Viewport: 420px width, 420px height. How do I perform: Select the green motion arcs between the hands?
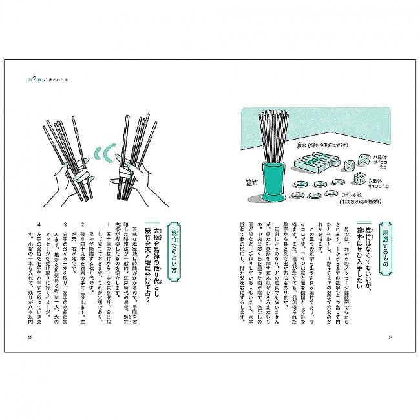(100, 156)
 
